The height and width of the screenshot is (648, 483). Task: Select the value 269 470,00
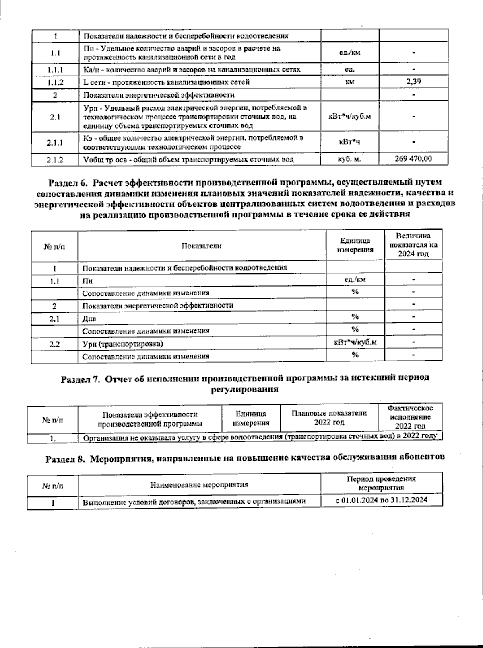[413, 159]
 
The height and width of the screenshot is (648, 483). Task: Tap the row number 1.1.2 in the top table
[55, 82]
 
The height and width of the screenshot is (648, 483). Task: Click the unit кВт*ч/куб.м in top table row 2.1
[350, 116]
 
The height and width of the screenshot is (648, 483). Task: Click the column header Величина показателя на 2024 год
[413, 245]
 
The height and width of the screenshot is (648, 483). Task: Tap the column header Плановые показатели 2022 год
[329, 418]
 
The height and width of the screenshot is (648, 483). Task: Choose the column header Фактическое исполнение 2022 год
[410, 417]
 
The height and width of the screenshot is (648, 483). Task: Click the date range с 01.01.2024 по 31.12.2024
[381, 500]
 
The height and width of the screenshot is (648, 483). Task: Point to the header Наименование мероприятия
[199, 485]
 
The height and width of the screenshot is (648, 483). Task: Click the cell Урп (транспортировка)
[123, 344]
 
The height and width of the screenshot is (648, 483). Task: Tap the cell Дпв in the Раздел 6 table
[89, 318]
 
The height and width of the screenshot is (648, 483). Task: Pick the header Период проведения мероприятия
[381, 483]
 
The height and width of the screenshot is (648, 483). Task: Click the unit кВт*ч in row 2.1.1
[349, 142]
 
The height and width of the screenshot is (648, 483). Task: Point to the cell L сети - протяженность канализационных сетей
[167, 82]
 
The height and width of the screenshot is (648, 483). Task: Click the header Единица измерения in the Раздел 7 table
[251, 418]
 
